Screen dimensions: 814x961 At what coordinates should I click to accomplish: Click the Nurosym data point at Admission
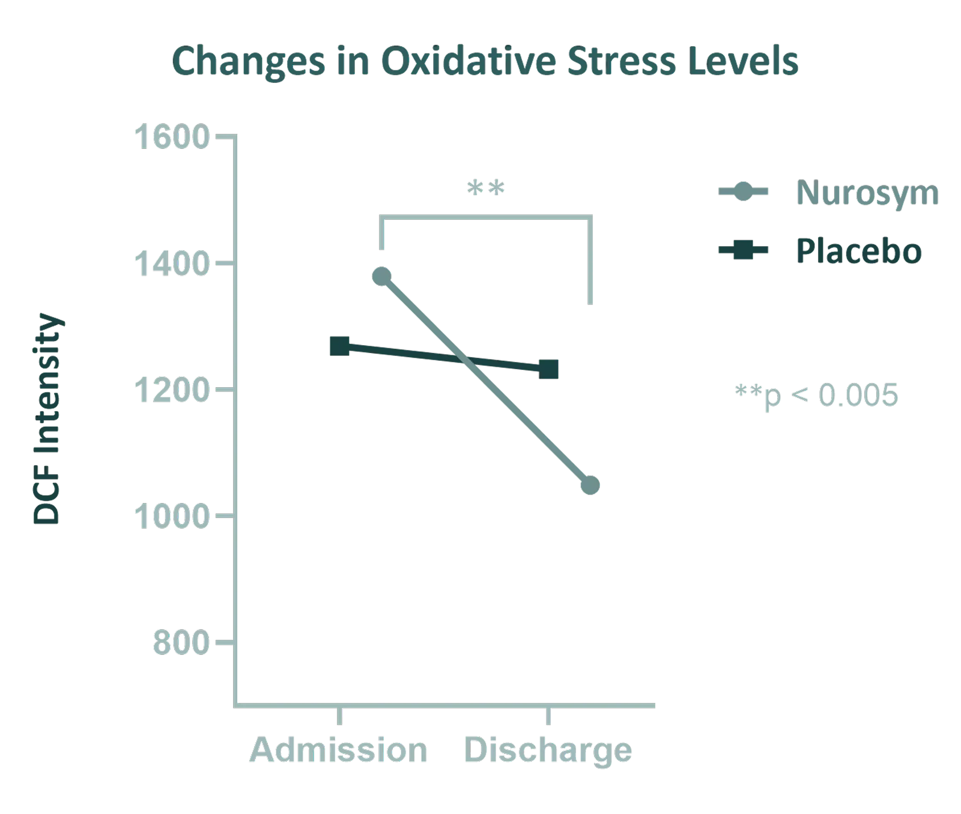pos(381,276)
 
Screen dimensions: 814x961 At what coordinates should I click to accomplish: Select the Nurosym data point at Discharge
pos(590,485)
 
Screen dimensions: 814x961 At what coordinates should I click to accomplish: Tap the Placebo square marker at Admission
pos(340,346)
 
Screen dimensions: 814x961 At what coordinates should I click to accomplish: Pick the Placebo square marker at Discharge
pos(548,369)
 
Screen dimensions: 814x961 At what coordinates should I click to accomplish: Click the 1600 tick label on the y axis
pos(171,137)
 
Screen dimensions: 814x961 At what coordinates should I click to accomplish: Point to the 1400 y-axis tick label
pos(171,264)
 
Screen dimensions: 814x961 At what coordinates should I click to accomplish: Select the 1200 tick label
pos(171,390)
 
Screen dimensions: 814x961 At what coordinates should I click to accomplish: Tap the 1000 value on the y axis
pos(171,516)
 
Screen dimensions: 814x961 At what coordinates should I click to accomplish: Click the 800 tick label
pos(180,643)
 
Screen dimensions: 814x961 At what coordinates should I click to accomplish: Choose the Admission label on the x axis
pos(339,750)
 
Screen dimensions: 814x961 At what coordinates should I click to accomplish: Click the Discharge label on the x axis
pos(548,750)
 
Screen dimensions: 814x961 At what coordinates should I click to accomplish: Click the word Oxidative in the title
pos(468,61)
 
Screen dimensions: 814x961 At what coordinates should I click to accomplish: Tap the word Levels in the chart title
pos(743,61)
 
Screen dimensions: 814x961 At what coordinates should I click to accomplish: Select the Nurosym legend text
pos(867,193)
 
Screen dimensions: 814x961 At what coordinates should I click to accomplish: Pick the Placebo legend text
pos(859,251)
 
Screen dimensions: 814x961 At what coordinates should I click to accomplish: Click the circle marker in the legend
pos(744,192)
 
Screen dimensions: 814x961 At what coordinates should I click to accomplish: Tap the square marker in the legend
pos(744,250)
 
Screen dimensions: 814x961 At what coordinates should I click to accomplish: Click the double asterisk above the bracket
pos(486,188)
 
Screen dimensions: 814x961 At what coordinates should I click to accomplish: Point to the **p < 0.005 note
pos(817,395)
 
